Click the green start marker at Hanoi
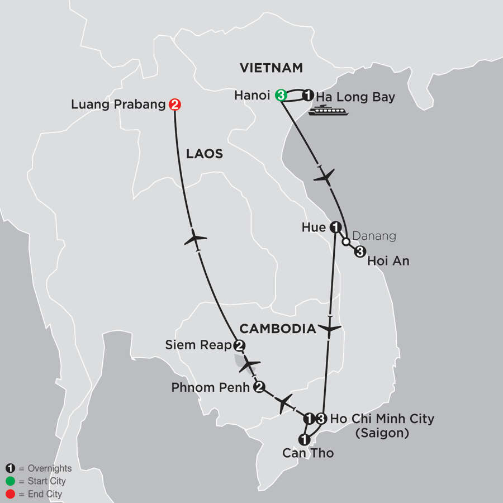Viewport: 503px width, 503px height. [x=282, y=96]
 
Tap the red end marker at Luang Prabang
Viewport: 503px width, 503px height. [x=174, y=104]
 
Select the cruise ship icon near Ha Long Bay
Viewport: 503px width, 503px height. [x=328, y=111]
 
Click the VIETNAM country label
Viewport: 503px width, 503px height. [x=271, y=68]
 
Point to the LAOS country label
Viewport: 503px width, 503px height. [x=204, y=154]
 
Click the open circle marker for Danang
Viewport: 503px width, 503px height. [x=347, y=241]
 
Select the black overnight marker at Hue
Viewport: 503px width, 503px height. [x=335, y=227]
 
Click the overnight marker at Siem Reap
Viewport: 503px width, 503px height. [x=239, y=345]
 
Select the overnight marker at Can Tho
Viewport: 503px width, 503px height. [x=303, y=438]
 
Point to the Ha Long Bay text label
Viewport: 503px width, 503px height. [x=355, y=97]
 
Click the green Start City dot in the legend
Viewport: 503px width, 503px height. [x=9, y=481]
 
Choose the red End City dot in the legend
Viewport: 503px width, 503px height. [x=9, y=494]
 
